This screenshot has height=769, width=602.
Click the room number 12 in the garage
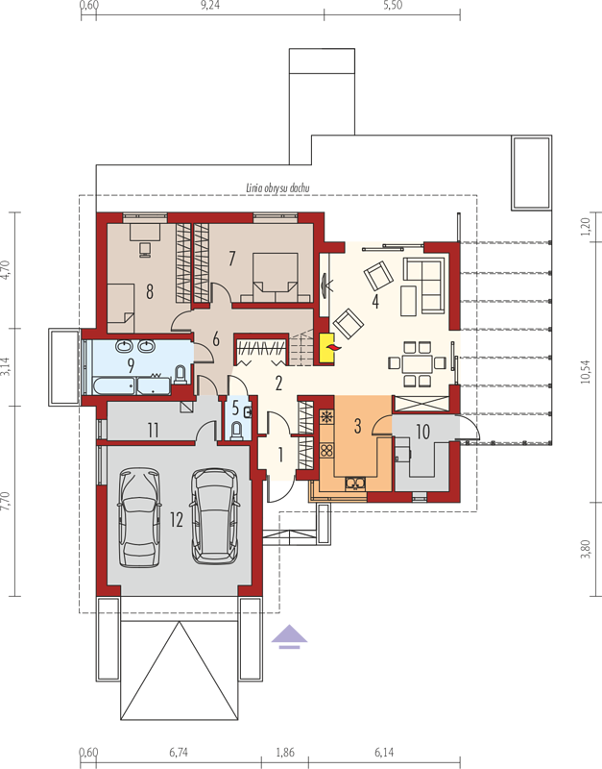175,520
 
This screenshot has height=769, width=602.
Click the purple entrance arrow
289,635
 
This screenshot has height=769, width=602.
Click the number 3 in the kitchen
357,424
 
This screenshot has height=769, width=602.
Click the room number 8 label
150,290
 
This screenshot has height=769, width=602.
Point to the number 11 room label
154,432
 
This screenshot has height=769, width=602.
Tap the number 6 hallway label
217,338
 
